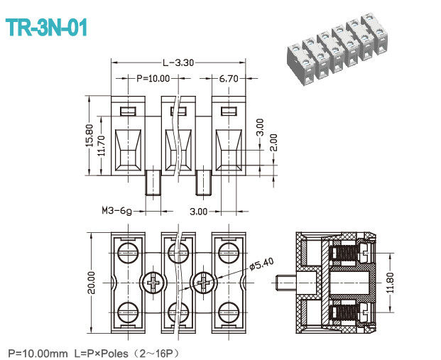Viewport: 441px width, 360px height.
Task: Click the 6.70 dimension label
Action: tap(228, 79)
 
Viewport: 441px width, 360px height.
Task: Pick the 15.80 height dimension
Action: tap(89, 134)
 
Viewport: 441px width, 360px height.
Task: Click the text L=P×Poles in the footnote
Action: tap(109, 352)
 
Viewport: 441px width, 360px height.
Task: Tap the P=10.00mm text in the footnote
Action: tap(37, 352)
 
